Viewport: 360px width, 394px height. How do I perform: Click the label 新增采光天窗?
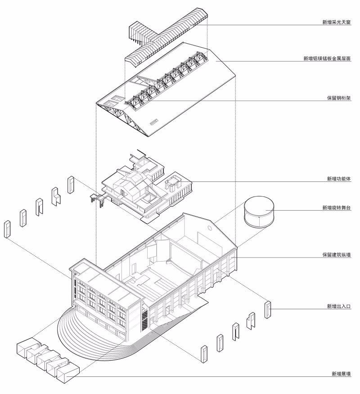tap(337, 22)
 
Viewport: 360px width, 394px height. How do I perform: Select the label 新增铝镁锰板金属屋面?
tap(327, 59)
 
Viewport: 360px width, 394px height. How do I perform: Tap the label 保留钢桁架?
tap(339, 98)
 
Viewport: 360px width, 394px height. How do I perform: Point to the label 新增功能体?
tap(339, 179)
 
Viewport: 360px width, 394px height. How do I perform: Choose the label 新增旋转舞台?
tap(337, 208)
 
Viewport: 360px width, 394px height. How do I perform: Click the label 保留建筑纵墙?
tap(337, 254)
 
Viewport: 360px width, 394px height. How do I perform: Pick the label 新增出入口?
tap(339, 306)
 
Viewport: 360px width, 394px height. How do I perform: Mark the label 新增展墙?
tap(341, 374)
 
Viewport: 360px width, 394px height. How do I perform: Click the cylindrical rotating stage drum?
tap(259, 212)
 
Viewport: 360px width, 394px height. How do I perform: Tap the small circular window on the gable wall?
tap(210, 228)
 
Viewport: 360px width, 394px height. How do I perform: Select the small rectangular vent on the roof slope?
tap(153, 122)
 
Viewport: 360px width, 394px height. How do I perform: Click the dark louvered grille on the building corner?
tap(144, 320)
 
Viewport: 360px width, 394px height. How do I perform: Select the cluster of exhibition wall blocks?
tap(48, 358)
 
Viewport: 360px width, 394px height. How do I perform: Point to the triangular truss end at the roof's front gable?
tap(123, 118)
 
